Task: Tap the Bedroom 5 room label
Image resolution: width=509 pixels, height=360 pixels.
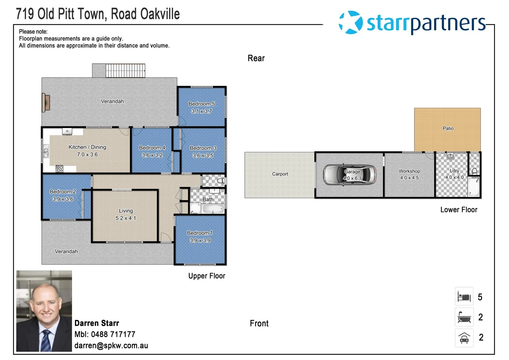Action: point(202,104)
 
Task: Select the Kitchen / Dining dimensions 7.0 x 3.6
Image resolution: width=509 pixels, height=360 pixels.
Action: point(87,155)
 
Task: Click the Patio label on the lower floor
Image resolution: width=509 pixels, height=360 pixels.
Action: point(448,128)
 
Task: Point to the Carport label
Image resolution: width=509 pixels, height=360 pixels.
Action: point(280,174)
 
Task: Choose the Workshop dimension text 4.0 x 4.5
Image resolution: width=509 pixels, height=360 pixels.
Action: point(409,178)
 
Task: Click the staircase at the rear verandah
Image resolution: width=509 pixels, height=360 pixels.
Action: point(126,70)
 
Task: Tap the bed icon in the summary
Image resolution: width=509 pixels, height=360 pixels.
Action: point(464,296)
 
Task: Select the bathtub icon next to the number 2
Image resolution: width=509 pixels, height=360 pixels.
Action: point(464,317)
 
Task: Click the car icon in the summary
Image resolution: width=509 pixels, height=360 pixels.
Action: point(464,338)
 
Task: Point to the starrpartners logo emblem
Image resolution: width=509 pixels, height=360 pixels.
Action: point(350,22)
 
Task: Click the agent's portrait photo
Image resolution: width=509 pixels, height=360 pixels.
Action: point(44,311)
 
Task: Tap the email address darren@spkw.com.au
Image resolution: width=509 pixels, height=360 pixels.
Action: point(111,346)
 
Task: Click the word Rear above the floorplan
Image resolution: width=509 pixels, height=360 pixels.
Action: point(256,58)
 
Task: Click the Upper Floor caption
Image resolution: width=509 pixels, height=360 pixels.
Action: point(207,276)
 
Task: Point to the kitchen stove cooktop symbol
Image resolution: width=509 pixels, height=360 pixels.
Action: point(60,169)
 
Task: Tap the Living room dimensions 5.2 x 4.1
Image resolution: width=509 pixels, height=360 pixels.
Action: point(126,218)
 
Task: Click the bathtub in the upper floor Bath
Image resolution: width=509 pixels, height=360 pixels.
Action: point(213,209)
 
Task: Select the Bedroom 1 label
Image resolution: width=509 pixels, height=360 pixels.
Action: point(200,233)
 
